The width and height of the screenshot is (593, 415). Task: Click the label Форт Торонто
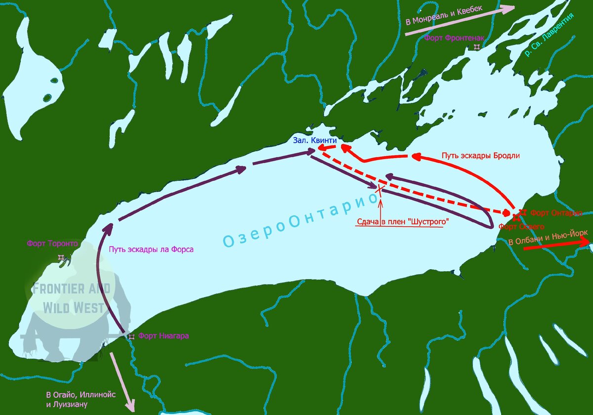tap(52, 243)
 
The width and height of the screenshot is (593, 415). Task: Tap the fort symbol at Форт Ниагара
tap(131, 336)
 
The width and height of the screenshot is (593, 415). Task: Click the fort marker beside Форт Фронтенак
tap(476, 47)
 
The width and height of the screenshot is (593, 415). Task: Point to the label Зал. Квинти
tap(315, 141)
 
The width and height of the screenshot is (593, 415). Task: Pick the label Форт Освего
tap(521, 227)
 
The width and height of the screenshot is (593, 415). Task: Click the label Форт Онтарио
tap(555, 213)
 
